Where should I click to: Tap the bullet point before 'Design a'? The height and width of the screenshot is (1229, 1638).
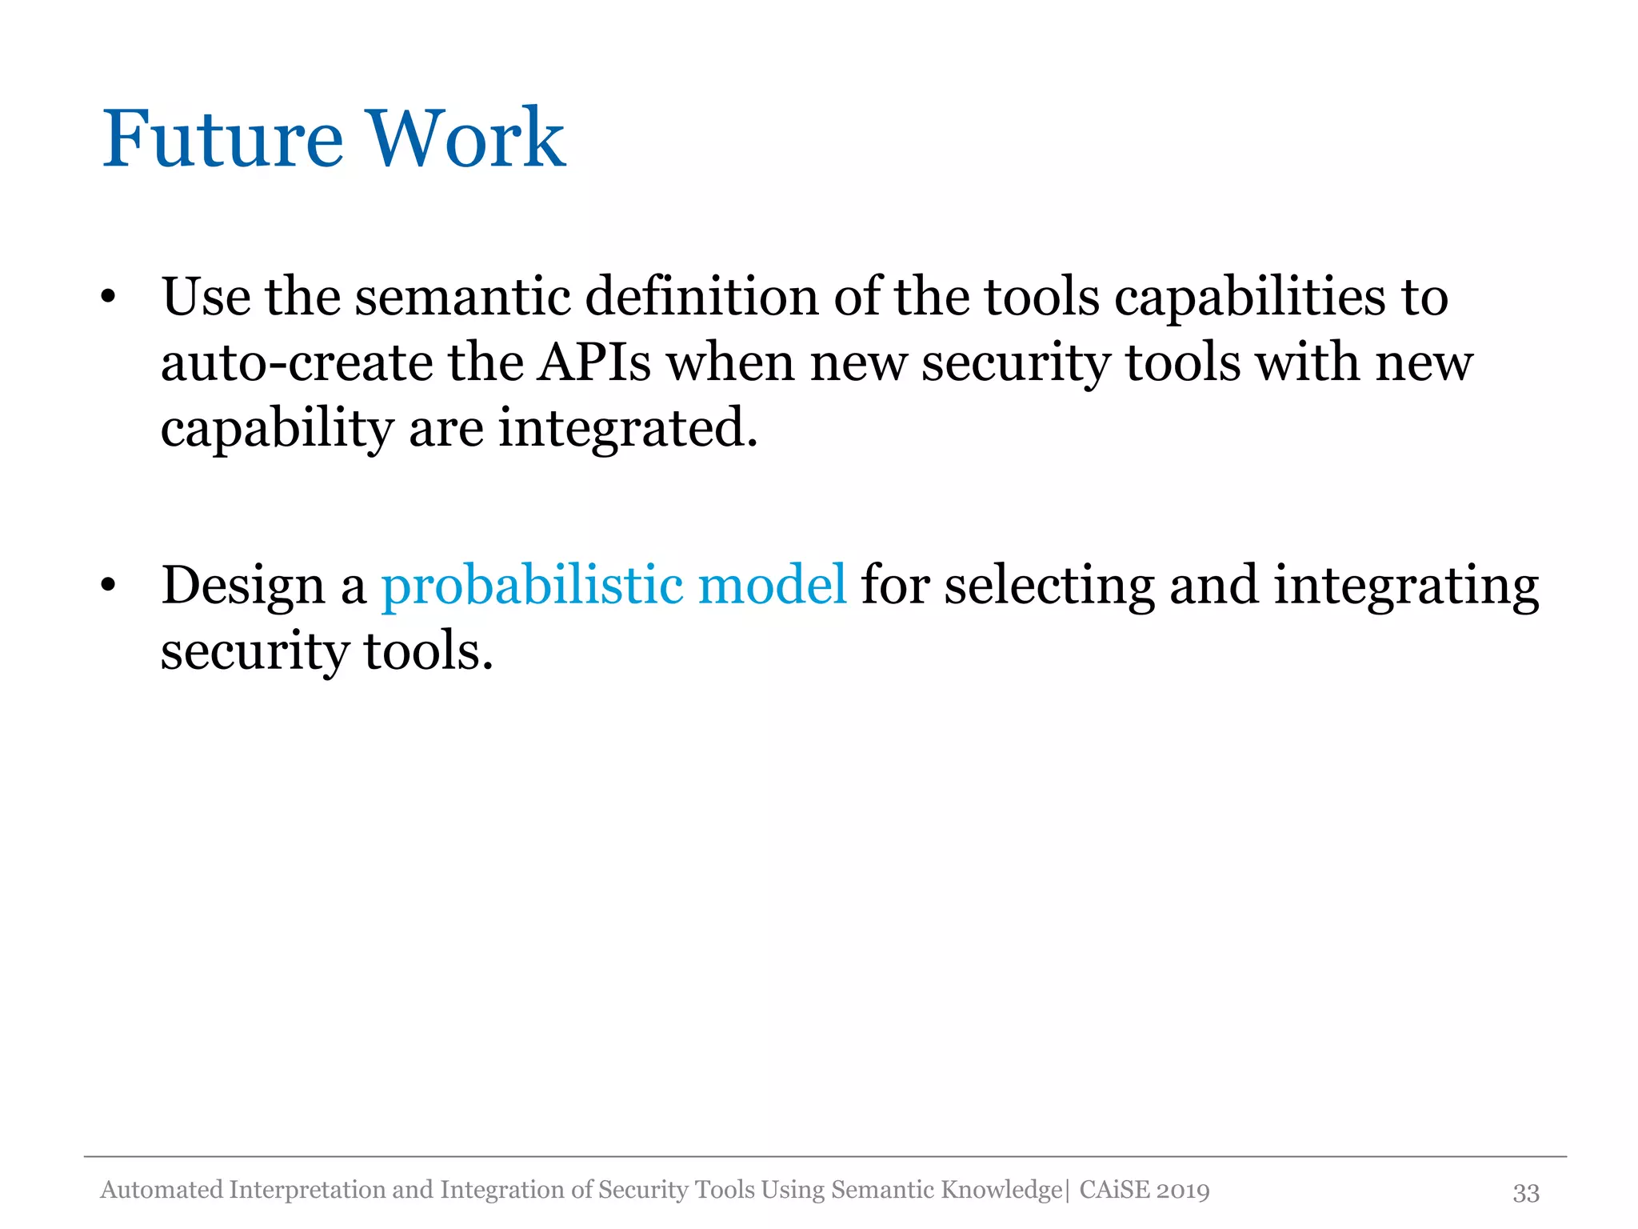click(109, 586)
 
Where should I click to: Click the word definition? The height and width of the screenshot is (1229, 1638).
click(701, 297)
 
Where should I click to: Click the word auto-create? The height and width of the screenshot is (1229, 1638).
click(296, 363)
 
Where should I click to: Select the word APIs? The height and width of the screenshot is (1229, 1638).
click(593, 363)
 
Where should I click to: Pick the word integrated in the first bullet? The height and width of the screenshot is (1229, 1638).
click(628, 430)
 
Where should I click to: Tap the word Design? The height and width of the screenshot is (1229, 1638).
click(243, 586)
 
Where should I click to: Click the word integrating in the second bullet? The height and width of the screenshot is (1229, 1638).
click(1406, 586)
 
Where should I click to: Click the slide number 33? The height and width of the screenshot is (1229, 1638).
click(1525, 1193)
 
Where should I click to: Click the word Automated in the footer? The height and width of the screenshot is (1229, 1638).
click(162, 1190)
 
